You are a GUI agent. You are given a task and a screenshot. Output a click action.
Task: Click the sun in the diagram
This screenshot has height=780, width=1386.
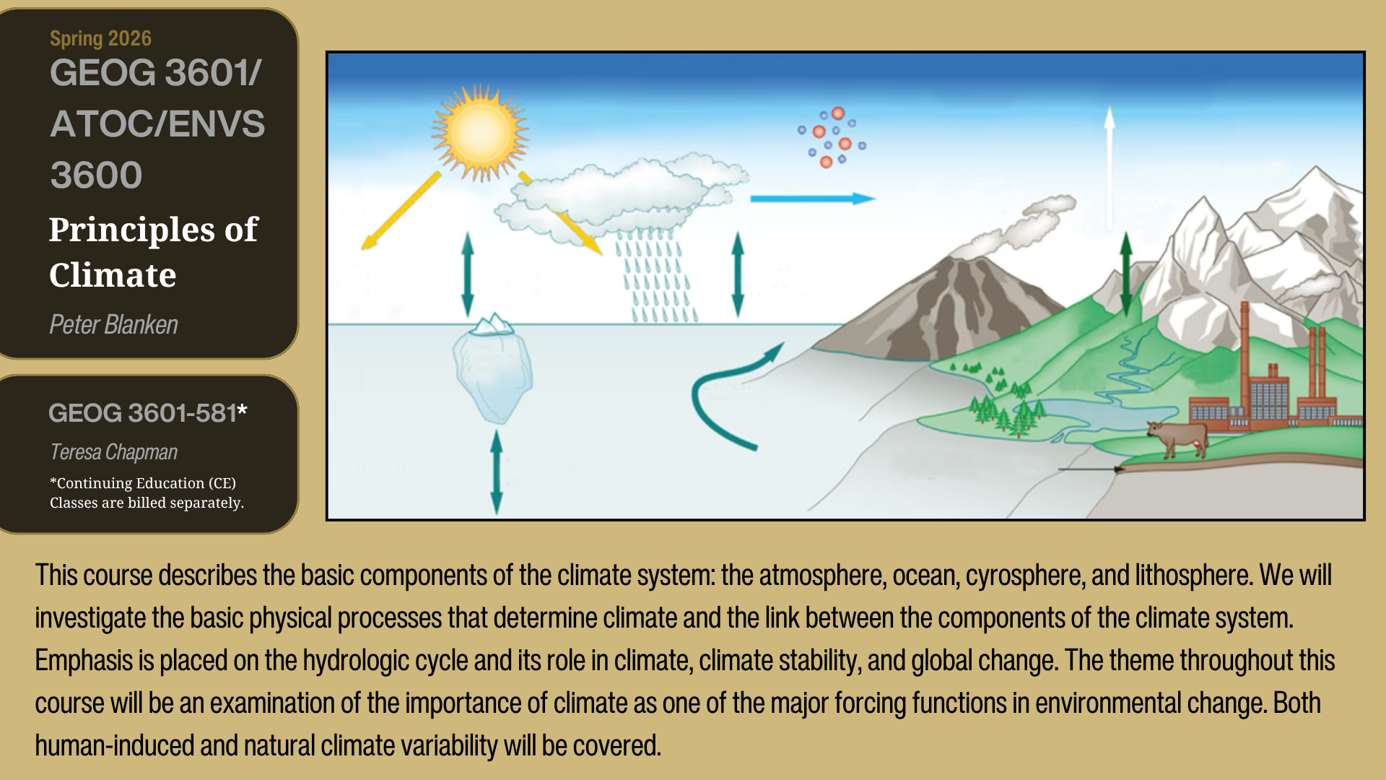click(x=479, y=132)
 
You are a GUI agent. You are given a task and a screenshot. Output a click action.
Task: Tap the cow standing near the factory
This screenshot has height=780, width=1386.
click(x=1176, y=438)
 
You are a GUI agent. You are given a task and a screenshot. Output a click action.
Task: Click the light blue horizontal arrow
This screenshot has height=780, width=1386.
click(x=813, y=199)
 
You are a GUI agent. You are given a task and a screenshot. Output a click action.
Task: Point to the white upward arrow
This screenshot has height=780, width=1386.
click(x=1110, y=168)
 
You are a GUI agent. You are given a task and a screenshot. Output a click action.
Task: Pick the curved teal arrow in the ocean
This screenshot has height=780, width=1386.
click(x=729, y=396)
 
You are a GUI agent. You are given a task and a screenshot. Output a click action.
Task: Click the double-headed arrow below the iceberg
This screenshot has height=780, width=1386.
click(x=497, y=472)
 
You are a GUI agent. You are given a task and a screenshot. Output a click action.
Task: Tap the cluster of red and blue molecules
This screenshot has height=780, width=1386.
click(x=832, y=137)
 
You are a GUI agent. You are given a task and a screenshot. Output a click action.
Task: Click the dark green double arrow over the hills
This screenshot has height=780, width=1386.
click(x=1126, y=274)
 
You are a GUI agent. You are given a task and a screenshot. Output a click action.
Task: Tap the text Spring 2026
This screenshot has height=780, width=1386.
click(x=100, y=38)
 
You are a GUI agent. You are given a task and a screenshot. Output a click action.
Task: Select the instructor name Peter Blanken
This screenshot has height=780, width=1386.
click(x=113, y=325)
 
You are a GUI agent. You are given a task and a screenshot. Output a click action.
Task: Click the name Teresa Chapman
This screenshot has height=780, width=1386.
click(x=113, y=452)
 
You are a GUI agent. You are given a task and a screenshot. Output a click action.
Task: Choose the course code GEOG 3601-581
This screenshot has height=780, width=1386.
click(x=142, y=413)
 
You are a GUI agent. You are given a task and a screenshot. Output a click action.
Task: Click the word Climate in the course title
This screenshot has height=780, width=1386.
click(x=113, y=275)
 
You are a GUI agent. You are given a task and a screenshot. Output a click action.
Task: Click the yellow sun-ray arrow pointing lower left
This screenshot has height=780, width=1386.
click(x=401, y=211)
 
